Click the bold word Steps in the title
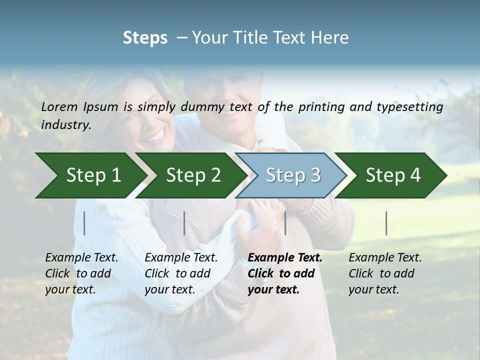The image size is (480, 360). coord(145,38)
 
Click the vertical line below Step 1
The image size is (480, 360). coord(84,223)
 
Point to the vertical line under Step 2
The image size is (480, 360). coord(184,223)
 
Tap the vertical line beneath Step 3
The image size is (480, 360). coord(285,223)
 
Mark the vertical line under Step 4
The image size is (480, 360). coord(386,223)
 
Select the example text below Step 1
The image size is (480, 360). coord(81,273)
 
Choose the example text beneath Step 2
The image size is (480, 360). coord(181,273)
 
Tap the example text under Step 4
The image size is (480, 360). coord(385,273)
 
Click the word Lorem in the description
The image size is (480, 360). coord(59,107)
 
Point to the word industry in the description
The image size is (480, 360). coord(66,125)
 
